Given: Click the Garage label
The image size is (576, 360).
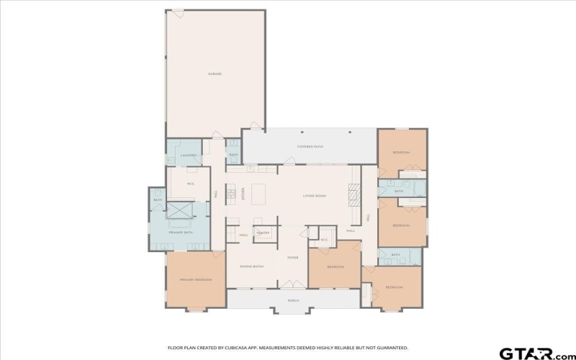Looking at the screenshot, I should pos(215,73).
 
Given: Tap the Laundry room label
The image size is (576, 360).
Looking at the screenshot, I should pos(189,155).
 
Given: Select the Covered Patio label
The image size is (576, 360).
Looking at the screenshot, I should pos(310,146).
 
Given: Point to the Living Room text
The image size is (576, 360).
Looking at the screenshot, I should pos(315,196).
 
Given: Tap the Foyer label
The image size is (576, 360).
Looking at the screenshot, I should pos(292,257).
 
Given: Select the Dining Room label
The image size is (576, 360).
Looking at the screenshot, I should pos(252,266).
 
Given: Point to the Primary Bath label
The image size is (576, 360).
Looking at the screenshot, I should pos(180,233).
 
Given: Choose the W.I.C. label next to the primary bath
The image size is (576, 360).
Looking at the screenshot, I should pos(191,184).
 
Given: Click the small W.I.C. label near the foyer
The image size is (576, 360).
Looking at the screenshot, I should pos(324,240).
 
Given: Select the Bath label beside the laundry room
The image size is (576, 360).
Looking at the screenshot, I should pos(233,155).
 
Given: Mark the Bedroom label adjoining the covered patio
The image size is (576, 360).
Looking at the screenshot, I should pos(401,153).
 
